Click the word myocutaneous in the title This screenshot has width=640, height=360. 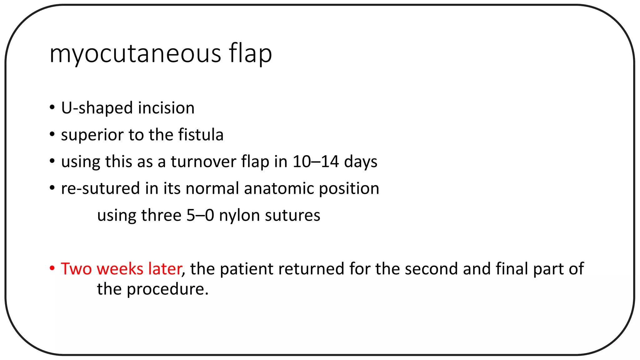pos(135,54)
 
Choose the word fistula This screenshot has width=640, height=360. pos(201,135)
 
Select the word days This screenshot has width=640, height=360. pos(361,162)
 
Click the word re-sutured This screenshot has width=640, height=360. pos(100,189)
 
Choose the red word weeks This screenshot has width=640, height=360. pos(120,269)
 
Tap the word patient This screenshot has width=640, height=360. pos(247,269)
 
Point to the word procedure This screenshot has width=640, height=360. pos(167,289)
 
